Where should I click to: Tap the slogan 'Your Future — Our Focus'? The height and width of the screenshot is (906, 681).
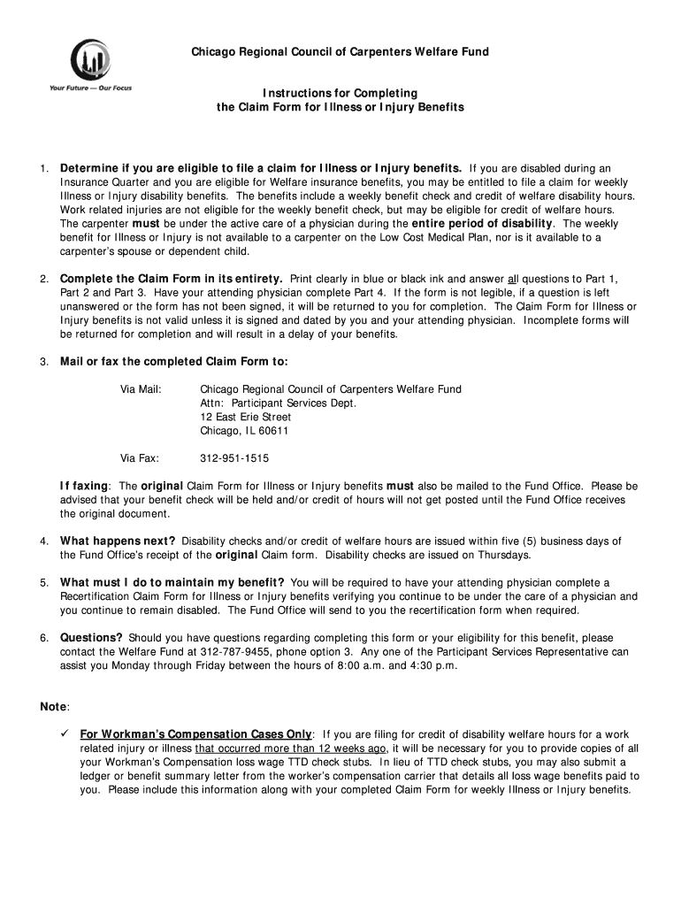pos(85,88)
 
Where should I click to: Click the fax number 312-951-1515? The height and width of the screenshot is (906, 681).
pos(234,458)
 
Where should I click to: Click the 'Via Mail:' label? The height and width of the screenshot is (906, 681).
pos(141,388)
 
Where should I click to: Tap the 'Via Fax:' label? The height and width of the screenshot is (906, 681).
pos(140,458)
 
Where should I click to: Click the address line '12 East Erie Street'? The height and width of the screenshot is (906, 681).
pos(246,417)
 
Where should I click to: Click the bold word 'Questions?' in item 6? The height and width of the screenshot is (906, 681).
pos(91,637)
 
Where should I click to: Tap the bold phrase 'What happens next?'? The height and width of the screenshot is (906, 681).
pos(118,541)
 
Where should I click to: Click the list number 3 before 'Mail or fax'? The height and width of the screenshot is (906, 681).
pos(43,361)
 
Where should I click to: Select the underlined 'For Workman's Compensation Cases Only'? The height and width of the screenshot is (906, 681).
pos(195,733)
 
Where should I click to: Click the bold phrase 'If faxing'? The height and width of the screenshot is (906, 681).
pos(84,486)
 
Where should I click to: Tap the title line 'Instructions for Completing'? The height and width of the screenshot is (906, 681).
pos(340,93)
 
